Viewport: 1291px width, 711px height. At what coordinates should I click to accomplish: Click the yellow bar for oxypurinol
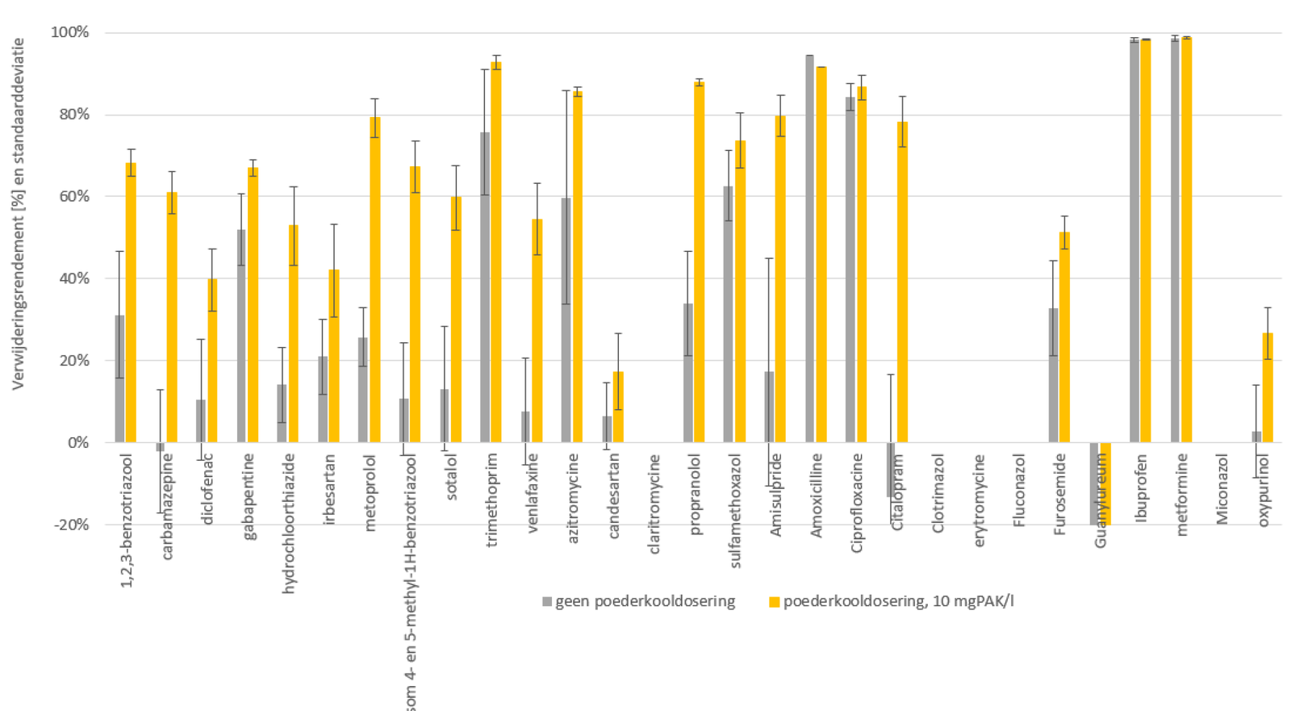pyautogui.click(x=1268, y=387)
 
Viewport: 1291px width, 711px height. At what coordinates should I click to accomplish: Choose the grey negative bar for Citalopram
pyautogui.click(x=891, y=469)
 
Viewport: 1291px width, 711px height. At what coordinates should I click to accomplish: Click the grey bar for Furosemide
pyautogui.click(x=1054, y=375)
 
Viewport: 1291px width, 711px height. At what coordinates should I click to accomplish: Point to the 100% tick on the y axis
pyautogui.click(x=70, y=32)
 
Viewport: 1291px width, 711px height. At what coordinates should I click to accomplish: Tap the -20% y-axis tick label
pyautogui.click(x=70, y=525)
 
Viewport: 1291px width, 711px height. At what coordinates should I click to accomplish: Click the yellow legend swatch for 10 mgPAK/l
pyautogui.click(x=774, y=602)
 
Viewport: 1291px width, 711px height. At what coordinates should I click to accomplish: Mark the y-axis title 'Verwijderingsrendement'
pyautogui.click(x=18, y=214)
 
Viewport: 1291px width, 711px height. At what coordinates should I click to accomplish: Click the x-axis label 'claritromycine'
pyautogui.click(x=654, y=504)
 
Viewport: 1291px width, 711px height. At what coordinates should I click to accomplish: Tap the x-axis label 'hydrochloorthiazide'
pyautogui.click(x=290, y=524)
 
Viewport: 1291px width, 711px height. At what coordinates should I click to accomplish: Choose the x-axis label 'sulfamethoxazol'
pyautogui.click(x=735, y=511)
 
